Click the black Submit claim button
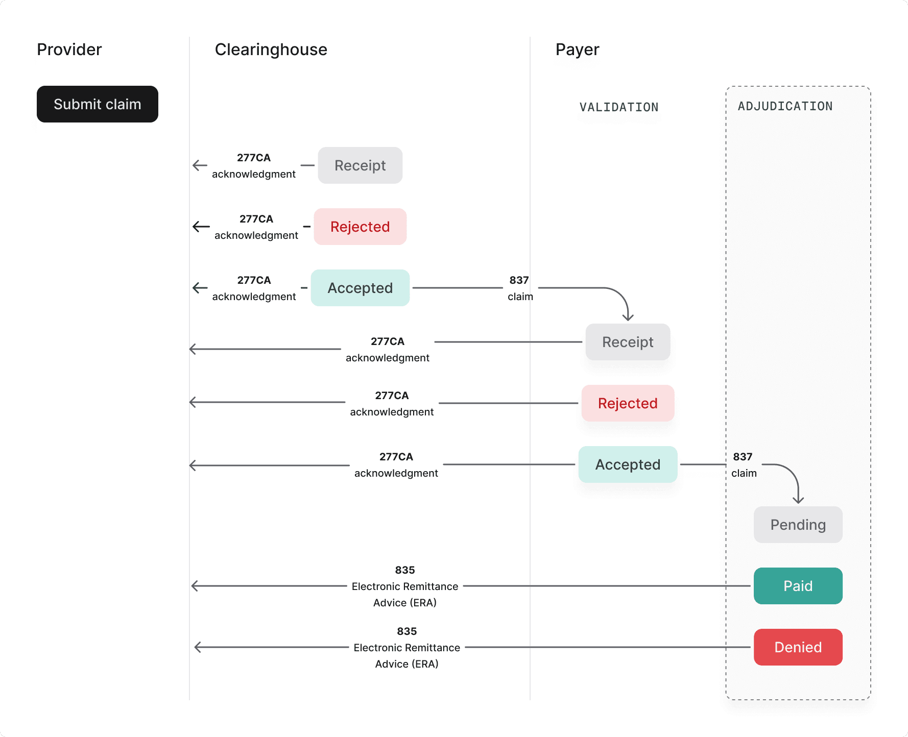[x=97, y=104]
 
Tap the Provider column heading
[x=69, y=50]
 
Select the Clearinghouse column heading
[x=271, y=50]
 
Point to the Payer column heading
[x=577, y=50]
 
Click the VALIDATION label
[x=618, y=107]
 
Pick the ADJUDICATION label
[x=785, y=106]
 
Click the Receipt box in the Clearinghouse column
[x=360, y=165]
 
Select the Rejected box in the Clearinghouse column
[x=360, y=227]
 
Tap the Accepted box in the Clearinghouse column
[x=360, y=288]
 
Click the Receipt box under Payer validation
[x=628, y=342]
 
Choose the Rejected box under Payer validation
[x=628, y=403]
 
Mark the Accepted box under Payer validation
[x=628, y=464]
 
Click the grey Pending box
[x=798, y=525]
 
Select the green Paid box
[x=798, y=586]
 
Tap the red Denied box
[x=798, y=647]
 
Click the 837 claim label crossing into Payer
[x=520, y=288]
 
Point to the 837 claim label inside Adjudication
[x=744, y=464]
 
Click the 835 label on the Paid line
[x=405, y=570]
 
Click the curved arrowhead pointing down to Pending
[x=798, y=500]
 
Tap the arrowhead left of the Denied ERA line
[x=198, y=647]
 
